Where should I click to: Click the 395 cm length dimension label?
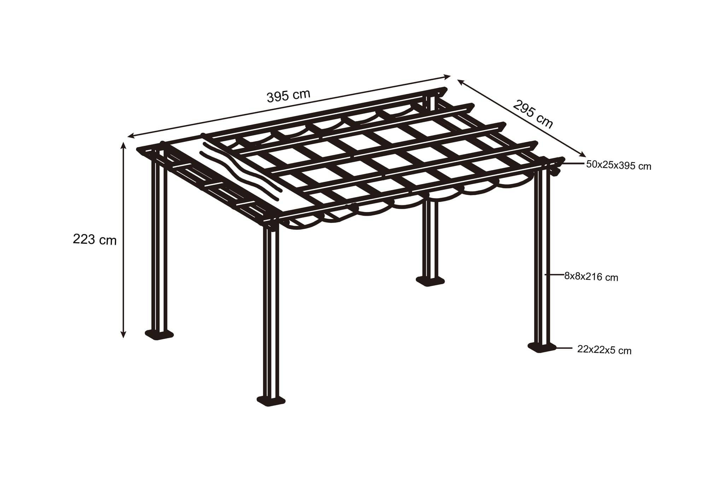[288, 96]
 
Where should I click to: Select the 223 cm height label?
[95, 240]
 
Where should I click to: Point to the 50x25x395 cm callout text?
[619, 165]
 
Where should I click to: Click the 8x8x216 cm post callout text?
[591, 276]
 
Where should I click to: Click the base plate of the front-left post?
[159, 334]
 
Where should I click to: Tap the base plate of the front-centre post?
[271, 401]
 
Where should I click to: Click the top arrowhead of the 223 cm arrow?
[123, 145]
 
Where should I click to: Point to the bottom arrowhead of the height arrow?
[123, 334]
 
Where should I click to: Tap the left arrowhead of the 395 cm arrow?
[132, 136]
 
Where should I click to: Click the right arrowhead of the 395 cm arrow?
[447, 76]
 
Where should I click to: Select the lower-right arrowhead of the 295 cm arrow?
[582, 153]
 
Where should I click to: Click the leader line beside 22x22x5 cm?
[564, 348]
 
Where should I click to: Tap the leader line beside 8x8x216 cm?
[554, 275]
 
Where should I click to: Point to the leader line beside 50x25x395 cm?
[572, 163]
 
